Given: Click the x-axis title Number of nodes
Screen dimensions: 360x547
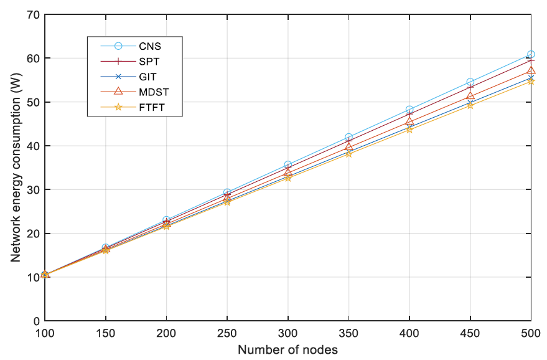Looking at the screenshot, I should pos(288,349).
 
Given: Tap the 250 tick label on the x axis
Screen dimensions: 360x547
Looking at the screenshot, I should pos(227,334).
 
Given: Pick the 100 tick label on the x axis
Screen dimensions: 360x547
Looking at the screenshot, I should pos(45,334).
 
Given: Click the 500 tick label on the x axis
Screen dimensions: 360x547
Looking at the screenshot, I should pos(530,334).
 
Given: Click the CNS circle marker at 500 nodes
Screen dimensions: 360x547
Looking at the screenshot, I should pos(531,54).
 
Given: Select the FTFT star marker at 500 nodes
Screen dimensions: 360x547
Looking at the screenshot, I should pos(531,81).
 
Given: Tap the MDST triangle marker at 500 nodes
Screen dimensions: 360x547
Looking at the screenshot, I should pos(531,70).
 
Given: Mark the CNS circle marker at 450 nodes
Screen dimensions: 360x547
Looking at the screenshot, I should pos(470,82).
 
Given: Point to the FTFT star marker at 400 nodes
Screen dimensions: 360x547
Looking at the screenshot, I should pos(409,129).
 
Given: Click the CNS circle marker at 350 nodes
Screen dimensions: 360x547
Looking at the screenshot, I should pos(348,137).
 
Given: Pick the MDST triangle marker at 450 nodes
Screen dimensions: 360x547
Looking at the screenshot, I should pos(470,96).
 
